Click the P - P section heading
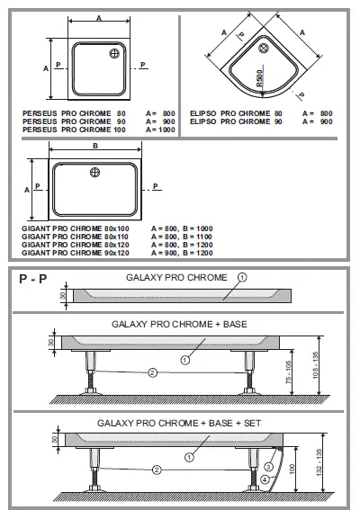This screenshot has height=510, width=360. (x=32, y=280)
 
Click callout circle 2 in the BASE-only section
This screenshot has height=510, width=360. (x=153, y=371)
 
